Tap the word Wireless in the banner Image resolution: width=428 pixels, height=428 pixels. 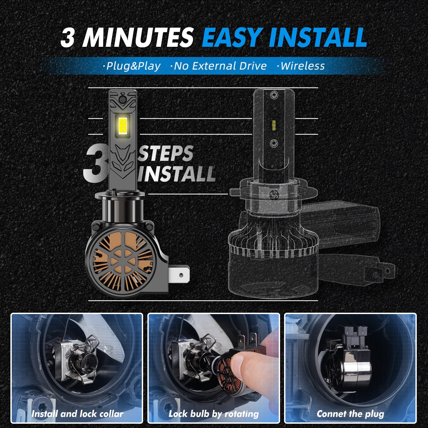[x=301, y=66]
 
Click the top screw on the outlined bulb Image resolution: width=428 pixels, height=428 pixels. [x=273, y=95]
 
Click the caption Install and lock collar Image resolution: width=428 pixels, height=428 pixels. [x=77, y=414]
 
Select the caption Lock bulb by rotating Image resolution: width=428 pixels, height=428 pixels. [x=214, y=414]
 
